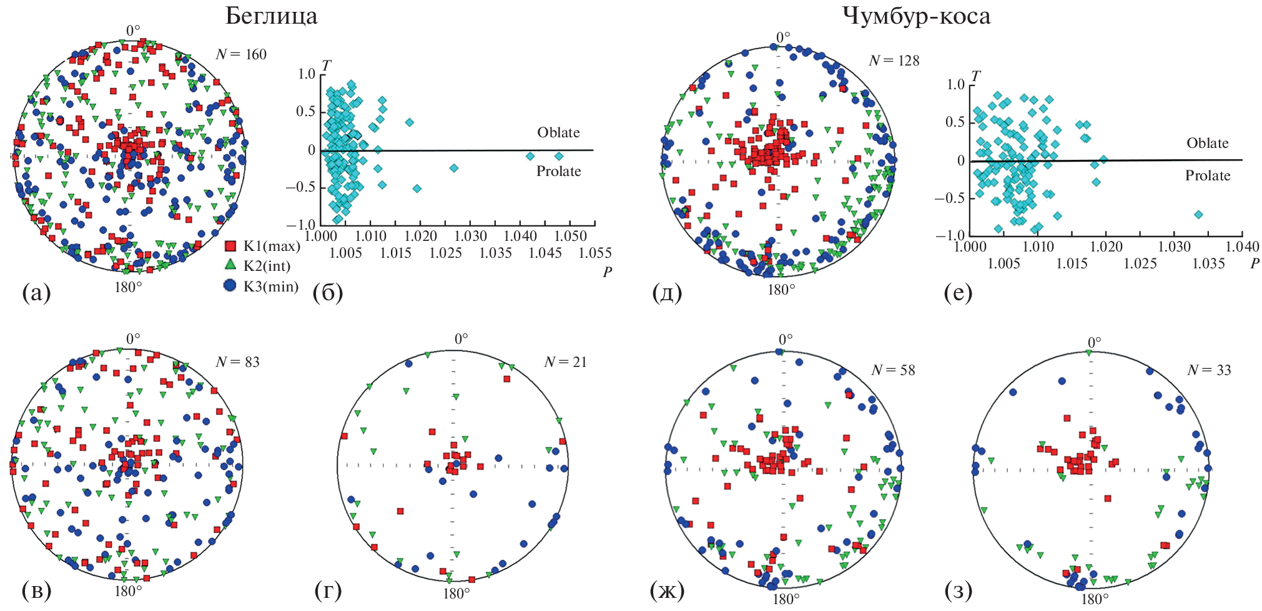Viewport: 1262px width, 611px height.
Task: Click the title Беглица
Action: pyautogui.click(x=271, y=16)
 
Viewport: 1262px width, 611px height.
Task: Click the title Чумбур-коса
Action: pyautogui.click(x=916, y=16)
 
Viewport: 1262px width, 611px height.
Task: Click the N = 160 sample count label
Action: pyautogui.click(x=241, y=54)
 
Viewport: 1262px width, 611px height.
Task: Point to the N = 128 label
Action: pyautogui.click(x=894, y=61)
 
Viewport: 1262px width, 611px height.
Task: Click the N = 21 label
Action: pyautogui.click(x=565, y=362)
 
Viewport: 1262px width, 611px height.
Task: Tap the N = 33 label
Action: pyautogui.click(x=1209, y=370)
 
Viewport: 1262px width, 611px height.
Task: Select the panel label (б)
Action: pyautogui.click(x=328, y=291)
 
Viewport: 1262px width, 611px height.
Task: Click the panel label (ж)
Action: pyautogui.click(x=667, y=590)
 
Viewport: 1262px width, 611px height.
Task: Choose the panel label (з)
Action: pyautogui.click(x=959, y=590)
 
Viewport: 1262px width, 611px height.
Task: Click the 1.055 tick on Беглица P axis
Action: pyautogui.click(x=595, y=253)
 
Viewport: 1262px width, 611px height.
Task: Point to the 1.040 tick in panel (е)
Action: pyautogui.click(x=1242, y=247)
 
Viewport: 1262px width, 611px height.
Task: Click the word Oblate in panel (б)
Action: pyautogui.click(x=558, y=132)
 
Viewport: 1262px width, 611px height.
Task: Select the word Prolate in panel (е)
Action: pyautogui.click(x=1208, y=176)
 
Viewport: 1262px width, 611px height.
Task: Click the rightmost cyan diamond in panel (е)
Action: pyautogui.click(x=1198, y=214)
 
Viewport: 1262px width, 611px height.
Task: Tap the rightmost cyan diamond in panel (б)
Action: pyautogui.click(x=559, y=156)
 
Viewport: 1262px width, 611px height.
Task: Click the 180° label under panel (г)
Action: pyautogui.click(x=456, y=594)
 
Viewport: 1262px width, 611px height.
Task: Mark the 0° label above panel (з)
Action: pyautogui.click(x=1095, y=343)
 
